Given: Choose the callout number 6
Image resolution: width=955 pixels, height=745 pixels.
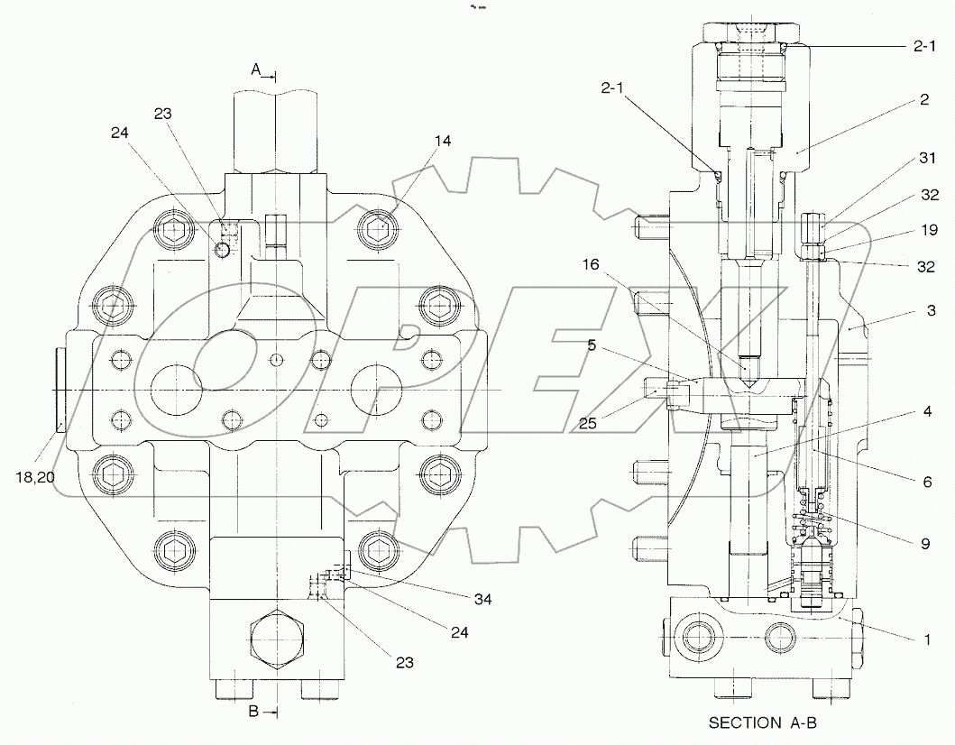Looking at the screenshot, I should click(x=926, y=483).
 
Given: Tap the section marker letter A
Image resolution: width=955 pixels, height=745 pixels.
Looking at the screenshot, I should click(x=256, y=69).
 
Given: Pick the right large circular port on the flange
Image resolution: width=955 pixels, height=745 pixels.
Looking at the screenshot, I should click(x=374, y=389).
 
